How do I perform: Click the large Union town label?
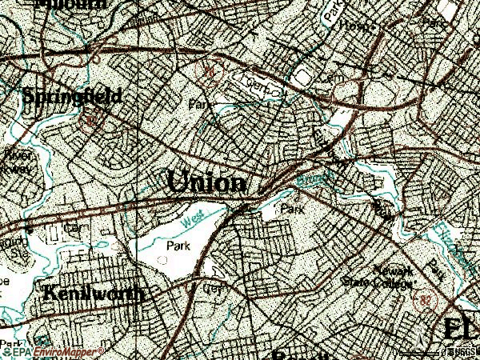[x=207, y=182]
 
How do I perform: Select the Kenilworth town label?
[x=94, y=294]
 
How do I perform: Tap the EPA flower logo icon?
[x=6, y=351]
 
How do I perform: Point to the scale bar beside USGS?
[x=417, y=351]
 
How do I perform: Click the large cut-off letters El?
[x=461, y=329]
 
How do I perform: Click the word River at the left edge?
[x=14, y=155]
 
